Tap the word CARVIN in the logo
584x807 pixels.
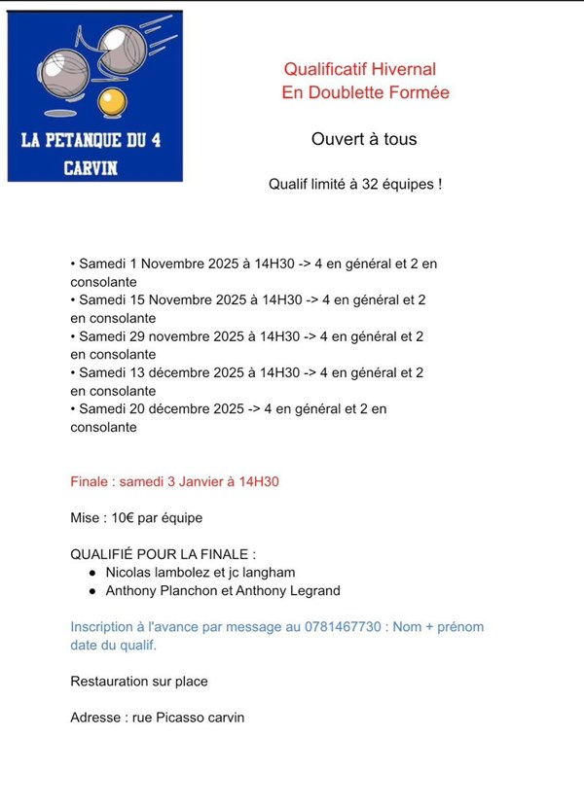click(x=91, y=166)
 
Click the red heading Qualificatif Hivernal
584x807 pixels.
click(x=360, y=69)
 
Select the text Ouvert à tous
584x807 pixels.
click(x=364, y=139)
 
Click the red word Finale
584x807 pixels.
click(x=91, y=481)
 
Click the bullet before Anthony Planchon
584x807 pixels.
click(x=91, y=590)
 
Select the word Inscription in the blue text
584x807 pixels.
click(x=103, y=627)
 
